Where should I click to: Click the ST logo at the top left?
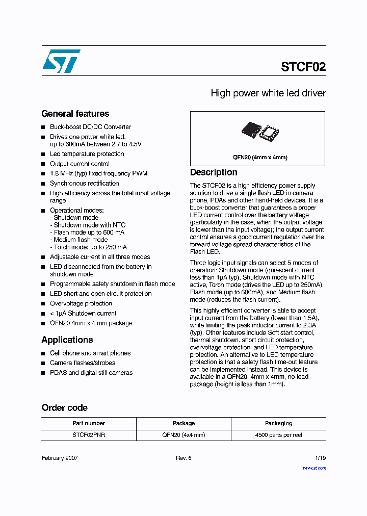coord(61,61)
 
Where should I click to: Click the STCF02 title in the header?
coord(303,67)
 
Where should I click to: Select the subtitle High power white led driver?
coord(268,93)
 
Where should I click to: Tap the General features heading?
coord(75,114)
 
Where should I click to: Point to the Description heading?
coord(214,172)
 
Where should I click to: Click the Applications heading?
coord(67,340)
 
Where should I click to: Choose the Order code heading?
coord(64,408)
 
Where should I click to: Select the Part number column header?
coord(89,423)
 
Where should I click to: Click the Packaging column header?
coord(278,423)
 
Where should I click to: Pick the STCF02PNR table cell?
coord(89,435)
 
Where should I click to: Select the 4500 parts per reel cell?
coord(278,435)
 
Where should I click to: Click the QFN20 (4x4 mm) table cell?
coord(183,435)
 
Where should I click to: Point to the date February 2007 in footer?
coord(60,458)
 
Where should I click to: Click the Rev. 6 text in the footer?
coord(183,458)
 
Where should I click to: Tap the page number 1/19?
coord(320,458)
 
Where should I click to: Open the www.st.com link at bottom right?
coord(314,468)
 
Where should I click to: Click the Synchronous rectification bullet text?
coord(84,184)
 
